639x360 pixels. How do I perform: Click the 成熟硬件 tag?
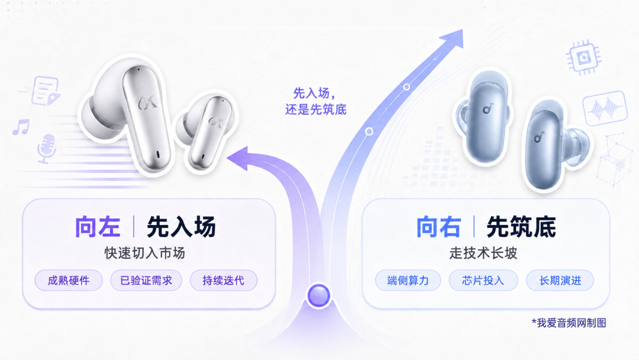tap(69, 281)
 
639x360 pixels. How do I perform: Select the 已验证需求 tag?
tap(146, 281)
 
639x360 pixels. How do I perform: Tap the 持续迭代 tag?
tap(223, 281)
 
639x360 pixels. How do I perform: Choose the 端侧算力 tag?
tap(408, 281)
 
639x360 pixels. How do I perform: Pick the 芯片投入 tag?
tap(483, 281)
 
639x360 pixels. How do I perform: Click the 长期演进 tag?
tap(560, 281)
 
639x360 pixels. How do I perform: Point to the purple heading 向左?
tap(98, 227)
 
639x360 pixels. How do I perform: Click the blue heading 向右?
tap(438, 227)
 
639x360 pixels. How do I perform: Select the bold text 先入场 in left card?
tap(182, 227)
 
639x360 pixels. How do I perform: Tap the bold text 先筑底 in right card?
tap(522, 227)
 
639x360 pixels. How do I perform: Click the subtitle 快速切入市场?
tap(145, 253)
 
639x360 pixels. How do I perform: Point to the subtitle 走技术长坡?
tap(483, 253)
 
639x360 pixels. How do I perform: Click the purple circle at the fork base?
tap(319, 295)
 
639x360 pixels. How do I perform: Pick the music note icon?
tap(21, 127)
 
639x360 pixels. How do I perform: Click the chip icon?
tap(584, 57)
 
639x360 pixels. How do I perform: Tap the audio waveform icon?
tap(605, 108)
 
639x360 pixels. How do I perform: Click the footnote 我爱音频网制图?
tap(569, 323)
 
